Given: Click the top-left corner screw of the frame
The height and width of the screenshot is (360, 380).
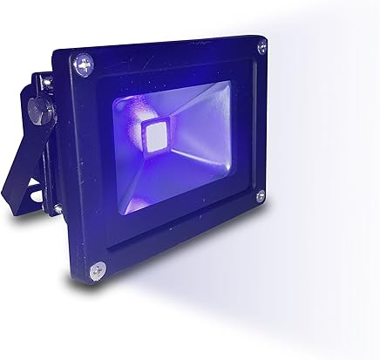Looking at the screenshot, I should (85, 63).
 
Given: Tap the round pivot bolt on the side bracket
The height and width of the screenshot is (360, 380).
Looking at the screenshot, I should (37, 112).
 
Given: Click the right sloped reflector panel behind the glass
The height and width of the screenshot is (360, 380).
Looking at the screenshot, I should (209, 131).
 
